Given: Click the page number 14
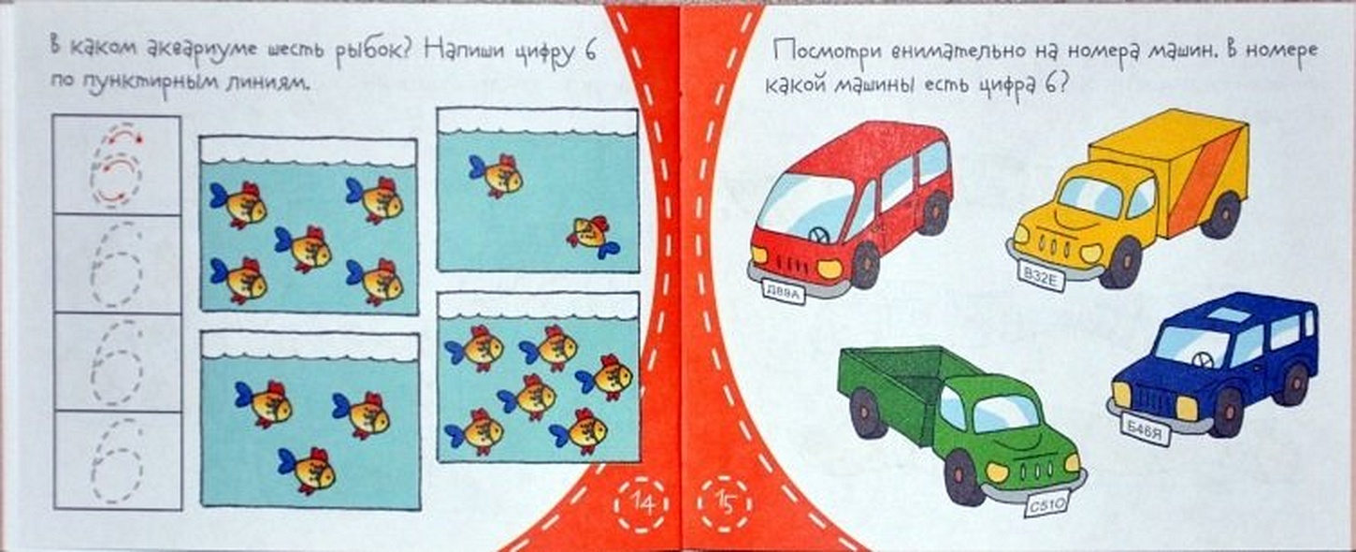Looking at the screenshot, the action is [x=642, y=503].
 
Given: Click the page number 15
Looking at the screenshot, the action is [x=725, y=503].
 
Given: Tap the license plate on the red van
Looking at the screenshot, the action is [x=784, y=293].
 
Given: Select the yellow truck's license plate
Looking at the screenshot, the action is [x=1040, y=278].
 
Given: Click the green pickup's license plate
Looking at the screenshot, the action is [x=1046, y=504].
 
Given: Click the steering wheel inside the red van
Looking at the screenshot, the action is [x=817, y=235].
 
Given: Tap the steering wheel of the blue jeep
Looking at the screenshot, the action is [x=1199, y=360].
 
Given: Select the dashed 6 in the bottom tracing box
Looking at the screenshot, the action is [x=117, y=460].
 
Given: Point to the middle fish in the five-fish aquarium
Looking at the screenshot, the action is [x=304, y=248].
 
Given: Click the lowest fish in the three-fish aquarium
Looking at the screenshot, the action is [x=307, y=470].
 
